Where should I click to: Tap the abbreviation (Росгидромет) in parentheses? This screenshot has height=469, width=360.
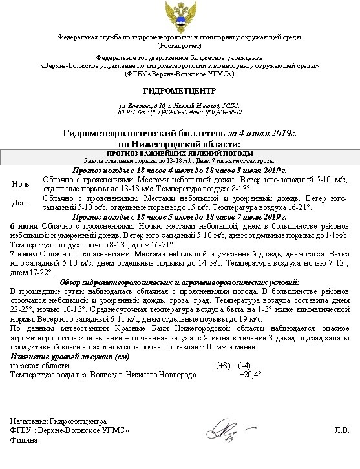coord(179,46)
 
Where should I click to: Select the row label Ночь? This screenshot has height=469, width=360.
coord(21,184)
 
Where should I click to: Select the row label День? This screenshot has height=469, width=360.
coord(21,203)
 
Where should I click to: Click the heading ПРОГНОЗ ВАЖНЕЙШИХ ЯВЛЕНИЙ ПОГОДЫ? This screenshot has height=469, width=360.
coord(179,153)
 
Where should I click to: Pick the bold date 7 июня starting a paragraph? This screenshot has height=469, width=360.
coord(24,255)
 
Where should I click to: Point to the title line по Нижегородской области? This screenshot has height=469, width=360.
coord(179,142)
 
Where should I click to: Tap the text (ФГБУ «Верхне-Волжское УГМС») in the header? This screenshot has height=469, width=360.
coord(179,74)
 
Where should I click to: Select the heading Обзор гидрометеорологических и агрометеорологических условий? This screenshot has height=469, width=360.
coord(179,282)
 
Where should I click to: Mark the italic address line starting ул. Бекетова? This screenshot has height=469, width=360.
coord(179,105)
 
